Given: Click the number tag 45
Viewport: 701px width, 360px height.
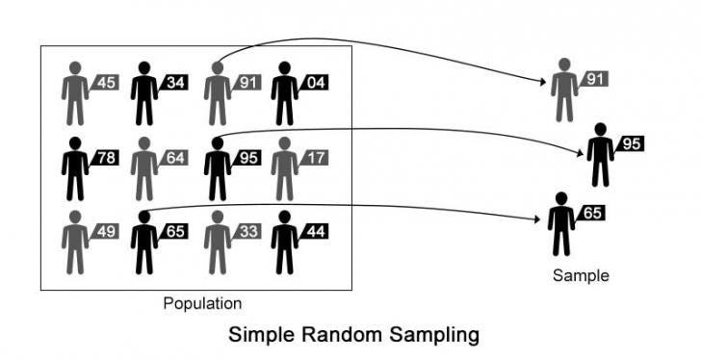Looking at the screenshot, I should tap(105, 83).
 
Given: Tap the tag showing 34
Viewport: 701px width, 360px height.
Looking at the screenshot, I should tap(175, 83).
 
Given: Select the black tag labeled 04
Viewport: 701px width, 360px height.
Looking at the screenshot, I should tap(316, 83).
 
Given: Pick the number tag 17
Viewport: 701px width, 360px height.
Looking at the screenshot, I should tap(316, 156).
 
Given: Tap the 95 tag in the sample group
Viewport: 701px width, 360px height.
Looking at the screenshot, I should tap(631, 144).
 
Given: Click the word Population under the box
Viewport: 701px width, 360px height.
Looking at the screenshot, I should tap(202, 304).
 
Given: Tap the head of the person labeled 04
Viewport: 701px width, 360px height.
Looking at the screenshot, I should tap(285, 68).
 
